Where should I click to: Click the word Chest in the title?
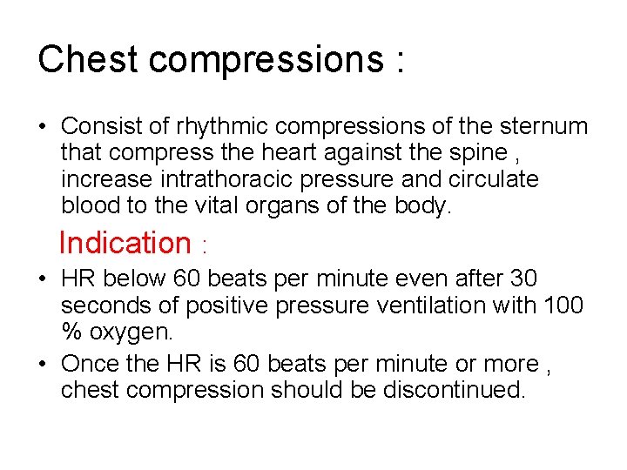[88, 59]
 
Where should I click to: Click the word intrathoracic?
[242, 179]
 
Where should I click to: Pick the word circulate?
[493, 179]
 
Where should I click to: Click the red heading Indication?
[125, 243]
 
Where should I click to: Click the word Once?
[93, 364]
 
